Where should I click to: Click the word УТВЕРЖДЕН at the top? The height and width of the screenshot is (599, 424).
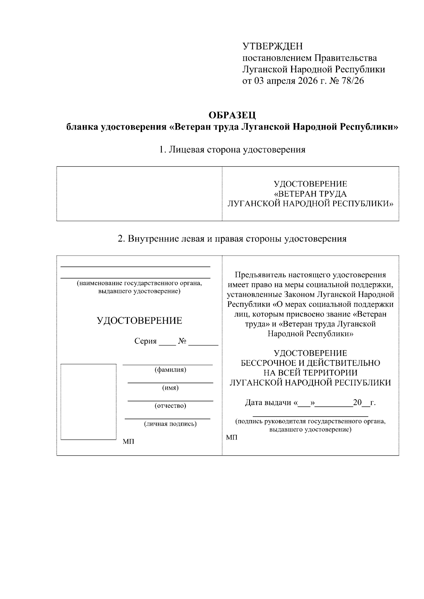[272, 46]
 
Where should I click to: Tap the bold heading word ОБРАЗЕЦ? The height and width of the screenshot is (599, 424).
[232, 115]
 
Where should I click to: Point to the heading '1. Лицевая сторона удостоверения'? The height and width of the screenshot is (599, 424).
[232, 150]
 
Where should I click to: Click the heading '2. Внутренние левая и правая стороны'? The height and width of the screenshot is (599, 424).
[232, 239]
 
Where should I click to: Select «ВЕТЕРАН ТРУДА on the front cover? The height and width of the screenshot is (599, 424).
[311, 194]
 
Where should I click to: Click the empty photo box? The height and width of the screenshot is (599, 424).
[88, 402]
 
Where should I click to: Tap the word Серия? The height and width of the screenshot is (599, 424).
[145, 341]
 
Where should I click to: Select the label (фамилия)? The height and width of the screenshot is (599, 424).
[170, 370]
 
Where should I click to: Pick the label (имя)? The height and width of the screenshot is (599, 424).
[170, 388]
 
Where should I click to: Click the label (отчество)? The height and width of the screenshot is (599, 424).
[170, 406]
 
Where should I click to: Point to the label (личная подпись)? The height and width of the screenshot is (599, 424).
[170, 424]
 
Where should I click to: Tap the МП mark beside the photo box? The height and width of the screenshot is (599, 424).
[128, 442]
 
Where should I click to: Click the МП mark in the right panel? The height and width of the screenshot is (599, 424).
[232, 438]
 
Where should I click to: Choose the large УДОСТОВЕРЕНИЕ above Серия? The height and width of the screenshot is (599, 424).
[140, 321]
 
